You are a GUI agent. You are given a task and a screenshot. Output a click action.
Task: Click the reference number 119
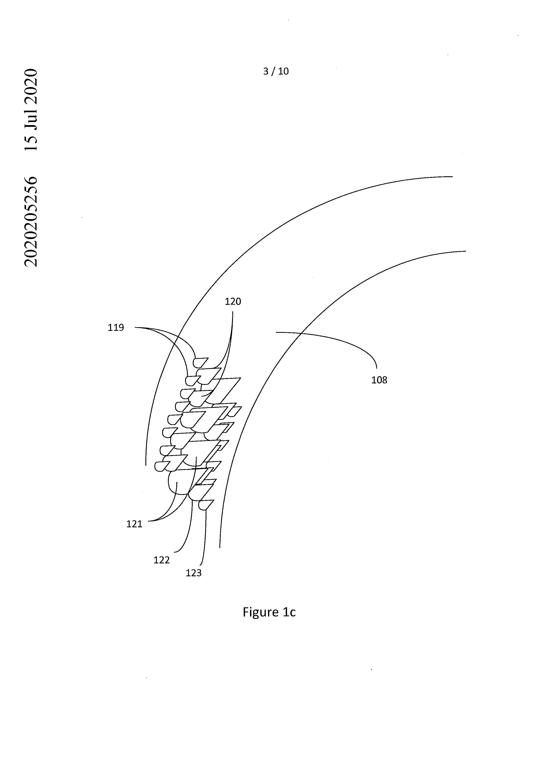point(116,328)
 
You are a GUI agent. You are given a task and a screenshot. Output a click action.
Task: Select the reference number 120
point(233,302)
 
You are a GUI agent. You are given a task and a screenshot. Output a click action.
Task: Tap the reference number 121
point(134,524)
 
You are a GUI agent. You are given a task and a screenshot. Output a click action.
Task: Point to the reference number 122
point(162,560)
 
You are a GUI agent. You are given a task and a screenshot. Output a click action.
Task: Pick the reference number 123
point(194,573)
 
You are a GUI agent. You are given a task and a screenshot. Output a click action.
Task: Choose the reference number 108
point(379,380)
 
